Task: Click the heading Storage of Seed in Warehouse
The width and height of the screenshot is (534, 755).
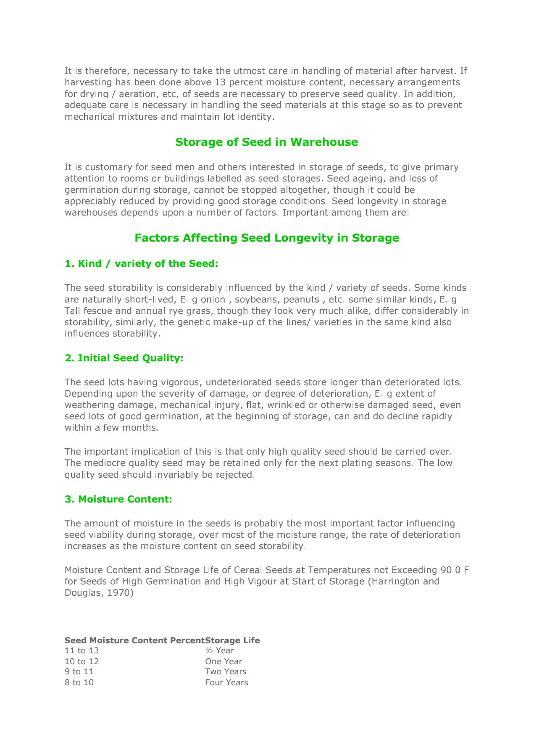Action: (266, 142)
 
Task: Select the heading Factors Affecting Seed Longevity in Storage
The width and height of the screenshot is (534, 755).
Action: (266, 238)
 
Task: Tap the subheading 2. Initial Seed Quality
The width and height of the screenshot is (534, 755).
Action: (124, 358)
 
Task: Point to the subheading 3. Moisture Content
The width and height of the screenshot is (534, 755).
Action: (118, 499)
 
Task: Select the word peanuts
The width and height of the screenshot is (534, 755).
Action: (301, 300)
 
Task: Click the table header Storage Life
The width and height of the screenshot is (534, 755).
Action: (232, 640)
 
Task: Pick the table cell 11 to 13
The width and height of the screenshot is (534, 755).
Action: (82, 651)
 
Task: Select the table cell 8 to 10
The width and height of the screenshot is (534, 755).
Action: (79, 683)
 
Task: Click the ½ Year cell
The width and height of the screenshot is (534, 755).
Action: (219, 651)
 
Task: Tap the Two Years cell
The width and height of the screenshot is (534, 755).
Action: (226, 672)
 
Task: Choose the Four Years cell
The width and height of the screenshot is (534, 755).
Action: (226, 683)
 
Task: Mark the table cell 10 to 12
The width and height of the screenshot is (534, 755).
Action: (82, 661)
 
